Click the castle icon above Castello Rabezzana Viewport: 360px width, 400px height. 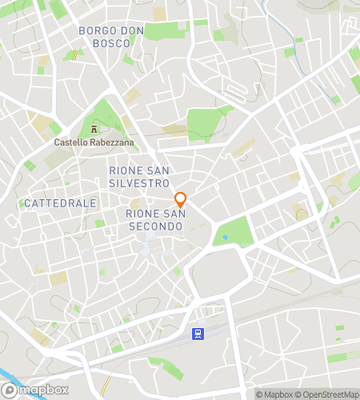(x=94, y=130)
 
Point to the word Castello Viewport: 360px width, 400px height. (x=70, y=142)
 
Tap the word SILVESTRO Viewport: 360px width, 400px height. (x=139, y=183)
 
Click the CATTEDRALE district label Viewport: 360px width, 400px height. (x=60, y=203)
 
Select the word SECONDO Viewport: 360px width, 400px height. (x=155, y=226)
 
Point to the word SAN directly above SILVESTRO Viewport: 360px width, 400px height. (x=158, y=170)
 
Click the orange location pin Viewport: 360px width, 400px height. (x=181, y=200)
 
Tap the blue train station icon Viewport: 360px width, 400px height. (x=197, y=332)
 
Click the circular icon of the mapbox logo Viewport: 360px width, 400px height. (x=10, y=390)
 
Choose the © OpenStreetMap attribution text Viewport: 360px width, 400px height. (x=327, y=394)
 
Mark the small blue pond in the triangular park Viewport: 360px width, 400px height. (x=226, y=237)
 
